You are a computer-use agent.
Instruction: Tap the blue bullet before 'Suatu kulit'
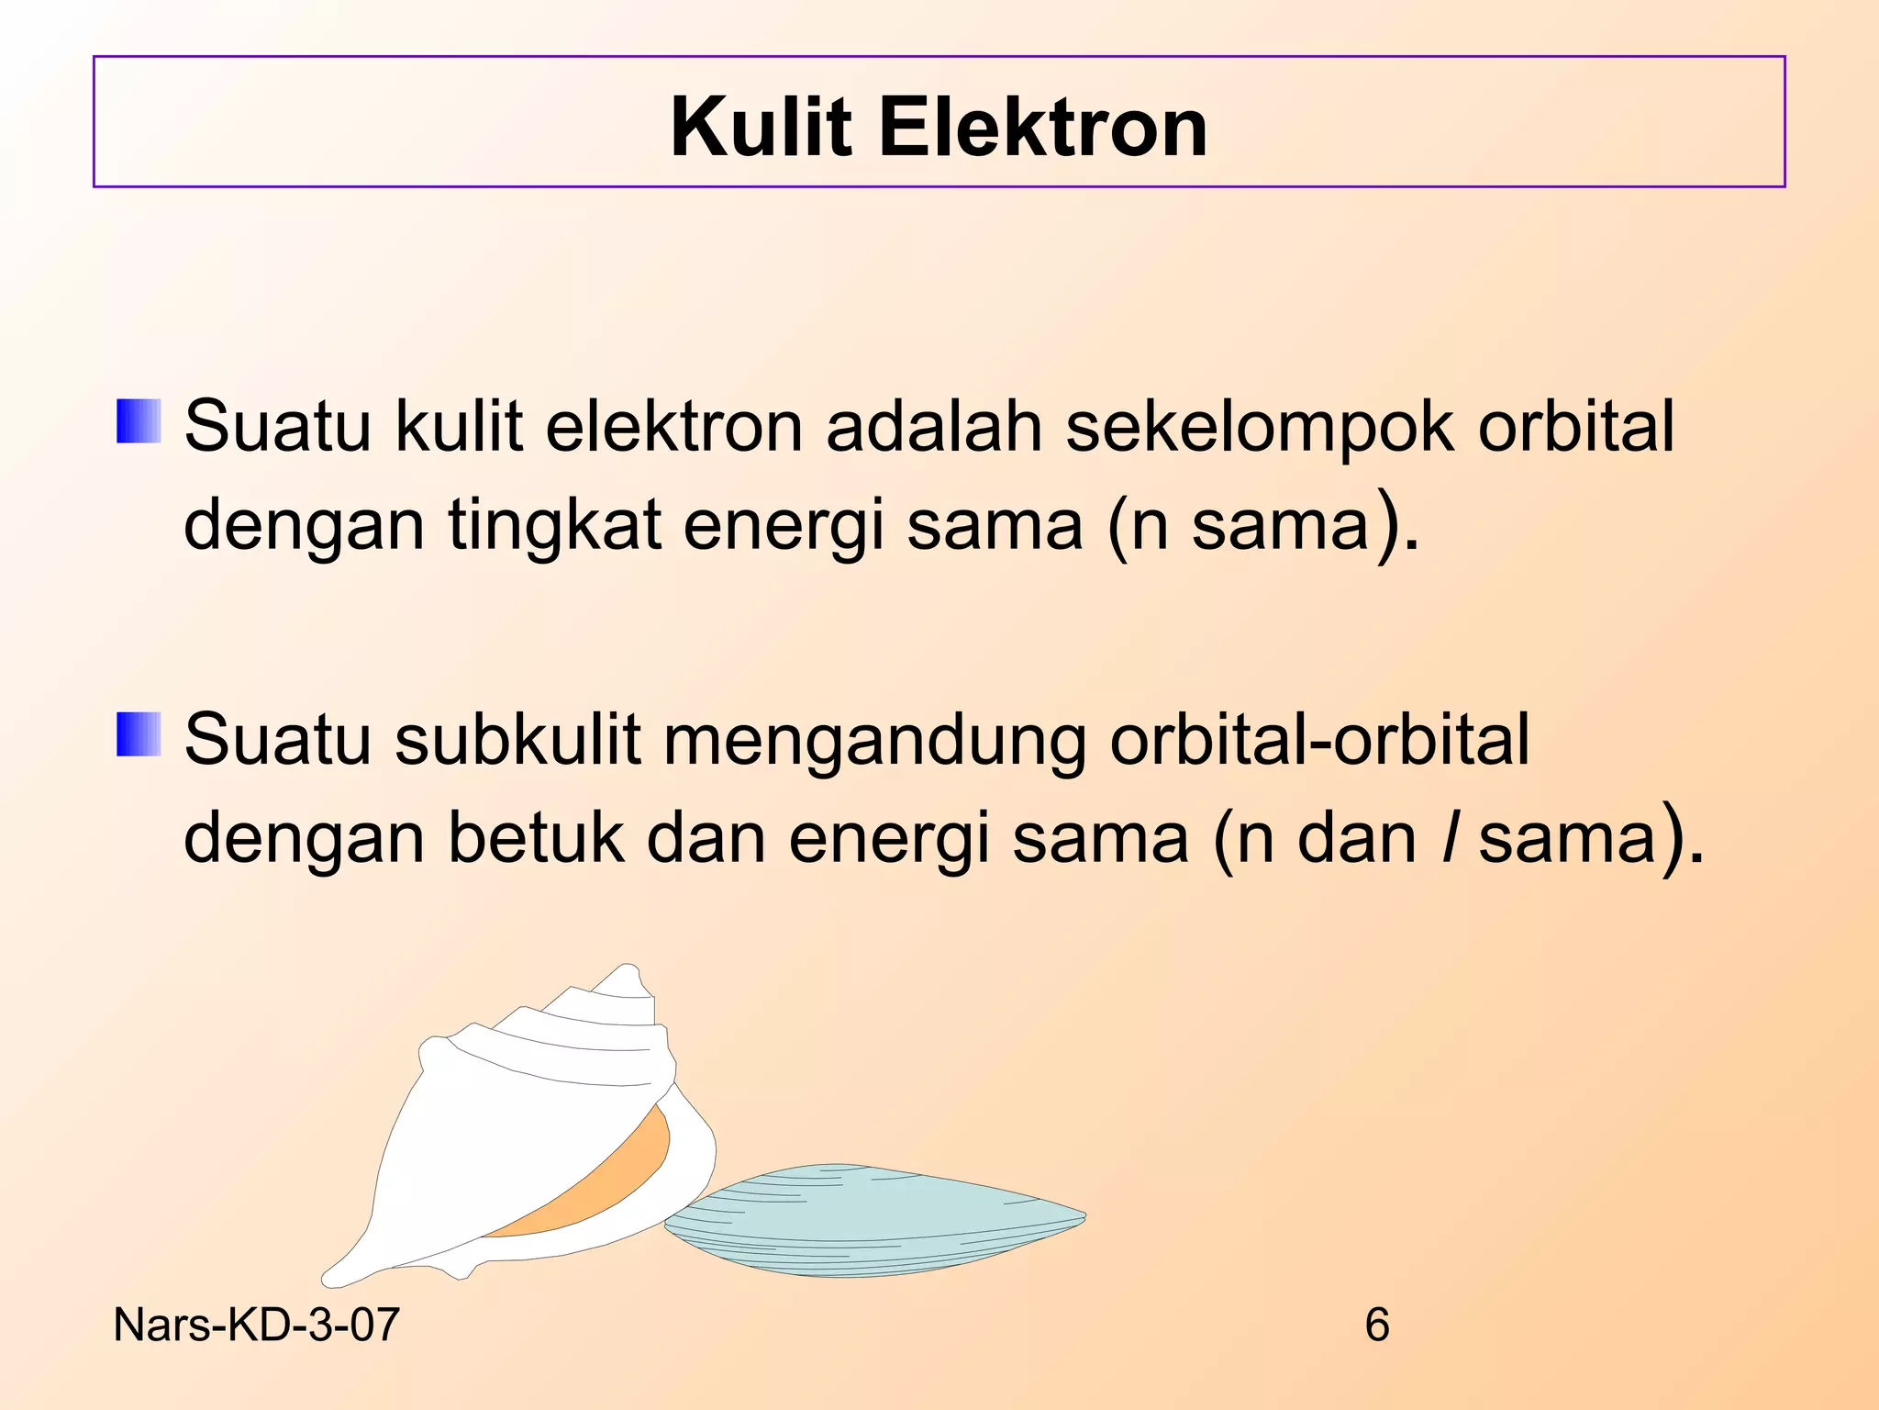click(139, 421)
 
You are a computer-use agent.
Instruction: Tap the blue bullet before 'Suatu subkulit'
click(139, 734)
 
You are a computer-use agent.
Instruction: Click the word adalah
click(934, 426)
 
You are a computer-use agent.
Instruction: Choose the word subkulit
click(517, 740)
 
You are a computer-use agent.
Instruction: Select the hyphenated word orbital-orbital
click(1318, 740)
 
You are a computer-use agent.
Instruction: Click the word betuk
click(536, 838)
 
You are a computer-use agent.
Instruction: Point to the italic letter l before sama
click(1448, 838)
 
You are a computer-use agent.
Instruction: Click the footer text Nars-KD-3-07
click(256, 1325)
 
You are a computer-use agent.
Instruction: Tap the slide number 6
click(1376, 1325)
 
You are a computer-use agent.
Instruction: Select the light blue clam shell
click(872, 1221)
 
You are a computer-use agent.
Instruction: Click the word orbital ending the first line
click(1575, 426)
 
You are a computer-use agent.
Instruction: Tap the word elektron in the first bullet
click(673, 426)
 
